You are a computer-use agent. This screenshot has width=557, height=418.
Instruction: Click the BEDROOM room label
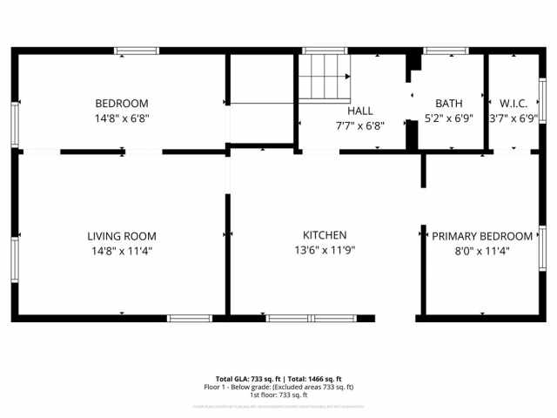tap(122, 103)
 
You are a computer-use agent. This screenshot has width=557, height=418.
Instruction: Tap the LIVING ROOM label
tap(122, 236)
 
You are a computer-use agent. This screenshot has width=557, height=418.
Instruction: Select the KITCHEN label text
tap(325, 235)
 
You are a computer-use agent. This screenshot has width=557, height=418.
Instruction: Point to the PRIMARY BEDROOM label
tap(482, 236)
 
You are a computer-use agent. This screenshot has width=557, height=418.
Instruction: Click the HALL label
tap(360, 111)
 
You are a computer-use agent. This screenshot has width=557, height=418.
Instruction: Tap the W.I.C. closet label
tap(513, 103)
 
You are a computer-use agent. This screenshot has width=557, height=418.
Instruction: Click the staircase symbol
tap(325, 76)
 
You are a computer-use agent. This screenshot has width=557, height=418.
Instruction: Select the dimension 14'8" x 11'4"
tap(122, 251)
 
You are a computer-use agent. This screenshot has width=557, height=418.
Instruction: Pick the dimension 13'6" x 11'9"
tap(325, 250)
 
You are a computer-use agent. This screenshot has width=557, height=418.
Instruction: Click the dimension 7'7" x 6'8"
tap(360, 125)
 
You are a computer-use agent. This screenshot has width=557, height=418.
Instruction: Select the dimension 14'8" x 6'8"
tap(122, 118)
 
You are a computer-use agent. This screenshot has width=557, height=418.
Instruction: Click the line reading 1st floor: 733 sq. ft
tap(278, 394)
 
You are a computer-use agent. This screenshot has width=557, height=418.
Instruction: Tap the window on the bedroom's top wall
tap(138, 51)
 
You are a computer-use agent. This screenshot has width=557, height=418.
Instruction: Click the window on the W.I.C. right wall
tap(542, 102)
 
